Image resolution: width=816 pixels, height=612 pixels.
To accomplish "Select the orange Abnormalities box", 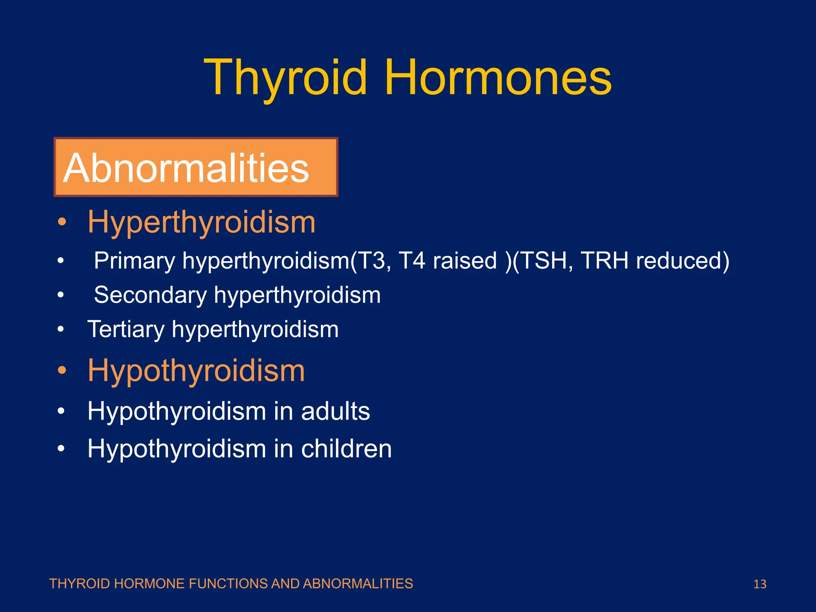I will (x=196, y=167).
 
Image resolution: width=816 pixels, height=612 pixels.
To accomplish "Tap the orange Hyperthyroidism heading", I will (x=202, y=222).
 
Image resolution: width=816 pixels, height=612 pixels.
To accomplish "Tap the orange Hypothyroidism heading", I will (x=196, y=371).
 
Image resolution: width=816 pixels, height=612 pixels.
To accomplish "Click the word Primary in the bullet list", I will (x=134, y=261).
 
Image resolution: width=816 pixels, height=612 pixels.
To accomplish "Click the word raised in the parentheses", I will (x=465, y=261).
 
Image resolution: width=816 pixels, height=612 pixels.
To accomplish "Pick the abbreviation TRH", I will (x=604, y=261).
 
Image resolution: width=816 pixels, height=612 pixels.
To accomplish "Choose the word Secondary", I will (x=150, y=295).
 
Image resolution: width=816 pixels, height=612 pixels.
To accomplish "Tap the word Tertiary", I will (x=126, y=330).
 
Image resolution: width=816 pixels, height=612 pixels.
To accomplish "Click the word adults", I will (x=335, y=411).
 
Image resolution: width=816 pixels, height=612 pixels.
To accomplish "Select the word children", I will (x=346, y=449).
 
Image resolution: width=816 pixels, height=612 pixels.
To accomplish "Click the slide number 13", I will (x=760, y=584).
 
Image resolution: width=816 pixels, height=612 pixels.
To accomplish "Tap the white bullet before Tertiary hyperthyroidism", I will (x=61, y=330).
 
